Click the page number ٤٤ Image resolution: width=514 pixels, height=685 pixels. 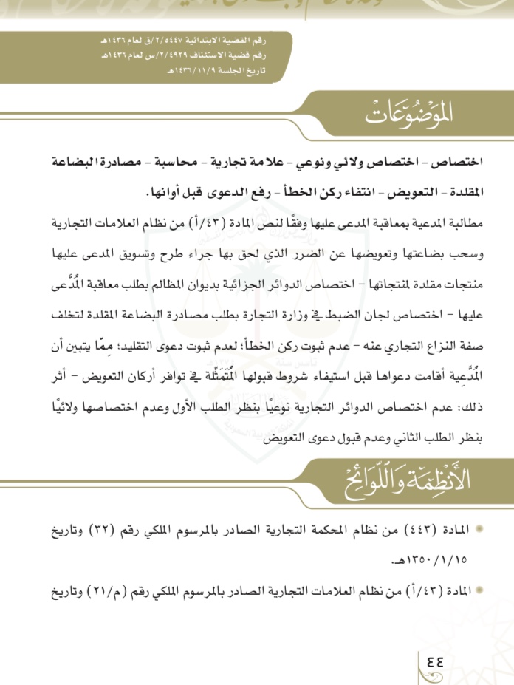pos(436,660)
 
